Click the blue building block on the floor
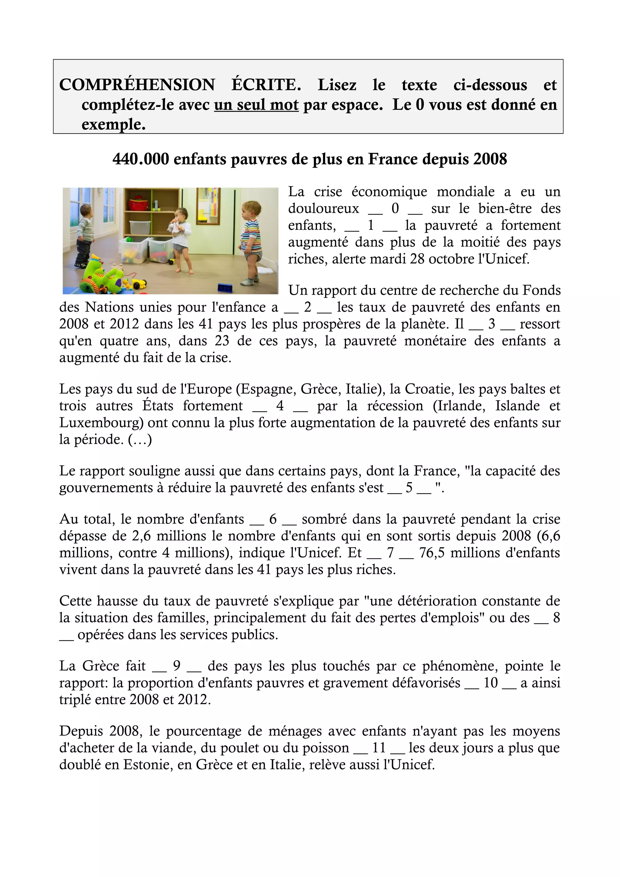click(225, 287)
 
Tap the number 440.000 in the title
click(140, 159)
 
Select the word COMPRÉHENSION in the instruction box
click(137, 85)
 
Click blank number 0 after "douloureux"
click(395, 209)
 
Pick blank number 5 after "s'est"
click(409, 488)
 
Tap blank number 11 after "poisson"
click(379, 747)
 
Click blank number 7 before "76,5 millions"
click(390, 553)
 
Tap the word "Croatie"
click(428, 389)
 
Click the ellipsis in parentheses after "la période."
click(140, 440)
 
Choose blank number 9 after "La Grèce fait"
click(176, 666)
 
